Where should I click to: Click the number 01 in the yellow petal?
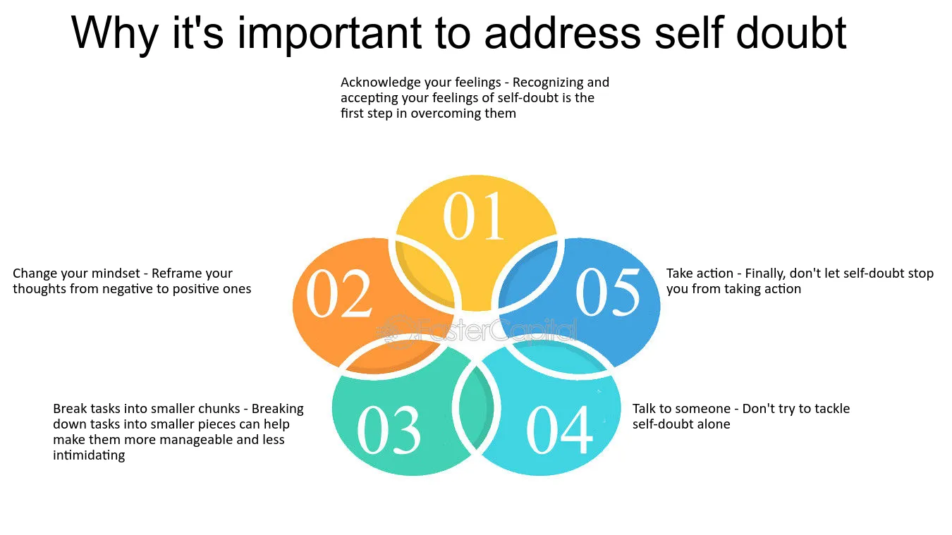pos(473,216)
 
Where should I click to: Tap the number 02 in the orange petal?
pos(338,294)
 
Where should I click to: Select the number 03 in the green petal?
pos(389,429)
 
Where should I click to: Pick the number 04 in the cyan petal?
pos(559,429)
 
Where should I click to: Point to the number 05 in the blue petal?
pos(607,293)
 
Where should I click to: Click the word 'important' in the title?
pos(329,34)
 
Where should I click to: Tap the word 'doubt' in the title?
pos(791,32)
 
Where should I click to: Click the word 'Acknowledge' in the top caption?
pos(382,82)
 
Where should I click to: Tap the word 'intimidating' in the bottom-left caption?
pos(89,455)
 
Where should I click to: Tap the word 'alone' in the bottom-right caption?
pos(713,424)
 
